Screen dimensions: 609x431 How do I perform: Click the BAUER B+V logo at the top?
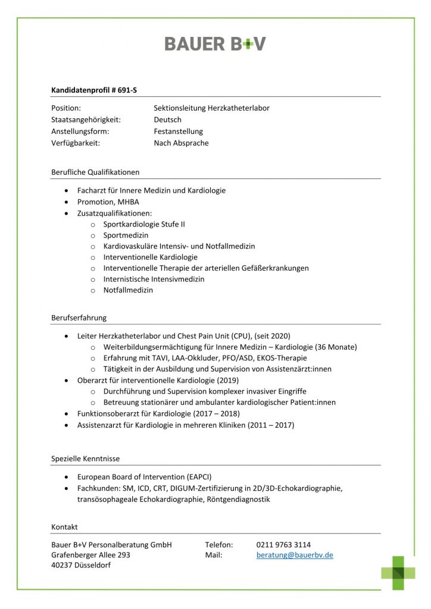tap(215, 43)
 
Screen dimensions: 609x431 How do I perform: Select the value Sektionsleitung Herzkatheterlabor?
tap(211, 108)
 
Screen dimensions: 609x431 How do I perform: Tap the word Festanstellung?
tap(178, 131)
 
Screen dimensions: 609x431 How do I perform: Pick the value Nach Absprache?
tap(181, 143)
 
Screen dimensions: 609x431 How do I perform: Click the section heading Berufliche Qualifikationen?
tap(95, 172)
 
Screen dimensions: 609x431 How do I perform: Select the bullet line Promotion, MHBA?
tap(108, 202)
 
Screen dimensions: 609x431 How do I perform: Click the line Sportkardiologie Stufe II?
tap(143, 224)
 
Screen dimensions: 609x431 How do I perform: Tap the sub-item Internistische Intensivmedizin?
tap(153, 279)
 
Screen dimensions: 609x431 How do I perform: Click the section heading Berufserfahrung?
tap(79, 318)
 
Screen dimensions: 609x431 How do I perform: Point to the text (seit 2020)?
tap(272, 336)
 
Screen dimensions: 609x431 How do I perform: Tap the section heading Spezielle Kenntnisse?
tap(85, 459)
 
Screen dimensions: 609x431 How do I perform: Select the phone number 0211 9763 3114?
tap(283, 545)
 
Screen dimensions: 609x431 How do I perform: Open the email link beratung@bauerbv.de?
tap(295, 555)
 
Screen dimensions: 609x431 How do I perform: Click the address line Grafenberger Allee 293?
tap(90, 555)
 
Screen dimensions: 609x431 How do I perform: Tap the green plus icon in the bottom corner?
tap(398, 572)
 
